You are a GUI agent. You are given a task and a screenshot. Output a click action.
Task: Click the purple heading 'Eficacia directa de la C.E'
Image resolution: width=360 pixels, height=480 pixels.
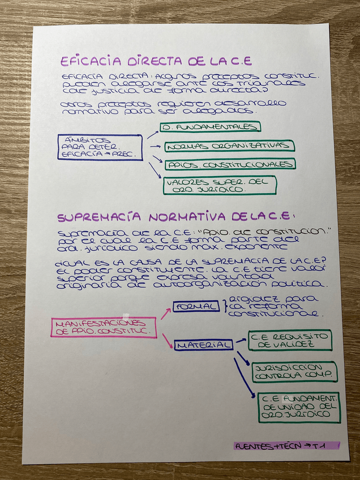156,61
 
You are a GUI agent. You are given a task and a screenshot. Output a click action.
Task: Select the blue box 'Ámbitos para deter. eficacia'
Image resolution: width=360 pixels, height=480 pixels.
100,147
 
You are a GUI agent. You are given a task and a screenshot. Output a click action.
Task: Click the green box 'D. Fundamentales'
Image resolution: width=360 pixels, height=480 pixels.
210,127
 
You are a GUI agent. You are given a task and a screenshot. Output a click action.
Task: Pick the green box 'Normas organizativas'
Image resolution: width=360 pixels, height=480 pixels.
230,146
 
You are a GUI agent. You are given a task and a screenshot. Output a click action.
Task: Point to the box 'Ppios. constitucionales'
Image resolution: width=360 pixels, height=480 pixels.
230,164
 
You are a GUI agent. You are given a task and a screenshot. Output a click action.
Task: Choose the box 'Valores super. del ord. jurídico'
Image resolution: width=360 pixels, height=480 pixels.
220,185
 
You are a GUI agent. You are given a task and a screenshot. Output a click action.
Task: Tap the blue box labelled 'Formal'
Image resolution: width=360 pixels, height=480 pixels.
196,306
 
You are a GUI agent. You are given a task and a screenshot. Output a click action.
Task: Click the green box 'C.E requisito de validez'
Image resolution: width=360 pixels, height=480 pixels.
290,340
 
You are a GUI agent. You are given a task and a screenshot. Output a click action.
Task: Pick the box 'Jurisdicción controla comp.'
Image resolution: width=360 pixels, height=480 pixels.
294,371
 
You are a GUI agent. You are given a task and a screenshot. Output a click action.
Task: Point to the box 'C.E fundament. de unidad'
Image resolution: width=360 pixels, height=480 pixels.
298,407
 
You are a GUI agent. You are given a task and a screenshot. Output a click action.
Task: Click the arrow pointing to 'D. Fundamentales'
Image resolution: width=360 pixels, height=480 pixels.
152,134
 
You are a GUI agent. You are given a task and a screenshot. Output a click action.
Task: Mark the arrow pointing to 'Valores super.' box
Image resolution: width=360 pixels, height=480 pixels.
155,170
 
